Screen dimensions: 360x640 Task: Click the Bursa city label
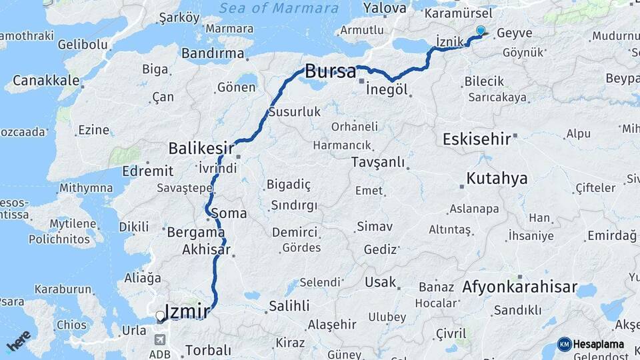click(x=330, y=71)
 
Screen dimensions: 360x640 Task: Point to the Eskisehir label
click(x=477, y=139)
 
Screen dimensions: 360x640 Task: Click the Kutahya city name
click(x=497, y=178)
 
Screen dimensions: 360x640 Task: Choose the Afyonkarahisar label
click(x=519, y=287)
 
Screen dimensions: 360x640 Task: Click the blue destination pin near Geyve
click(x=480, y=30)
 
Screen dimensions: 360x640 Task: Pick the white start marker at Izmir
click(x=159, y=316)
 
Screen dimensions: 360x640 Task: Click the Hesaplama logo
click(x=591, y=344)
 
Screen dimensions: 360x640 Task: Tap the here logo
click(x=18, y=341)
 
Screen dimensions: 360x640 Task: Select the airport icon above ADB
click(x=159, y=339)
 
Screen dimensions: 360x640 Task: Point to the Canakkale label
click(x=42, y=81)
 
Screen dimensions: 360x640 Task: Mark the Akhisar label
click(x=206, y=251)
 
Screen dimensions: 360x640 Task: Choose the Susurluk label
click(x=295, y=111)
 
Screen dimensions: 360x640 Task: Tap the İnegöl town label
click(x=387, y=89)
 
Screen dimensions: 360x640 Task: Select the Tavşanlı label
click(x=378, y=162)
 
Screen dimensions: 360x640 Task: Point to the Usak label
click(x=381, y=282)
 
